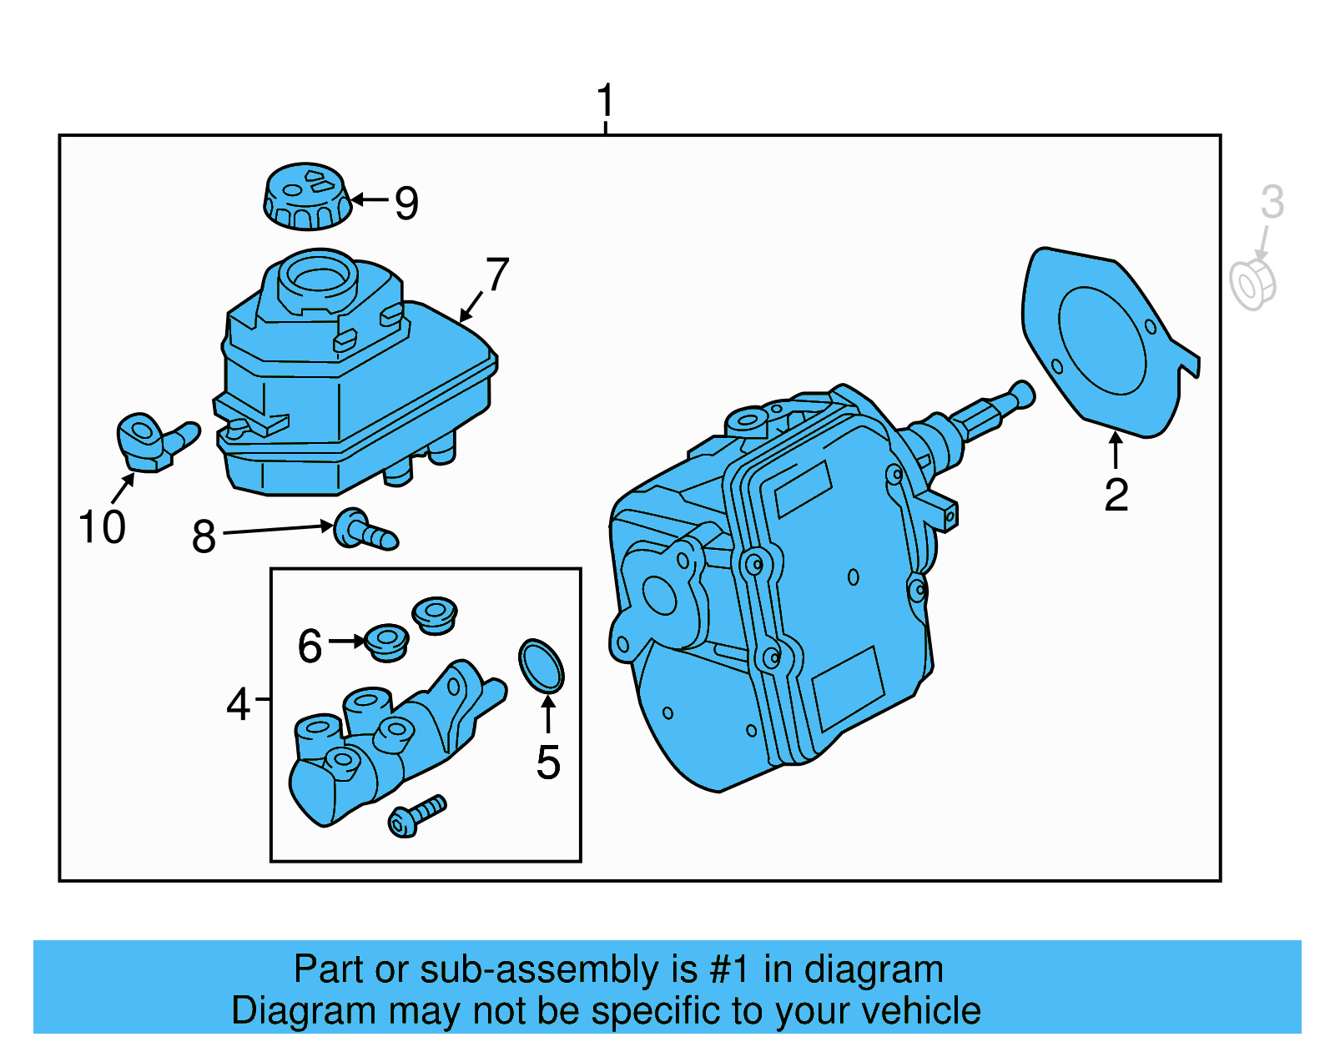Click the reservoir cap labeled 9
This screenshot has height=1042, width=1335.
(x=306, y=197)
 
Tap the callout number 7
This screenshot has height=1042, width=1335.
(x=497, y=274)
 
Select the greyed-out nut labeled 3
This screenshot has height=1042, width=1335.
(x=1252, y=284)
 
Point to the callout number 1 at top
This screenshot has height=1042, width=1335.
(x=606, y=101)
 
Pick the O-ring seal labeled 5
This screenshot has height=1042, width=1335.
(x=542, y=665)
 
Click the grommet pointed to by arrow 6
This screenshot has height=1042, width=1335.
(x=387, y=642)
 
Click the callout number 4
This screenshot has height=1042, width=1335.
(x=238, y=705)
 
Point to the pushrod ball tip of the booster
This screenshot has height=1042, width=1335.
(x=1023, y=394)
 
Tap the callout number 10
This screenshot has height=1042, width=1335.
(x=102, y=527)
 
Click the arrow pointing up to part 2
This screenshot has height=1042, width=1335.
(x=1115, y=450)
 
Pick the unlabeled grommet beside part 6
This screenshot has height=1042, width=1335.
(x=435, y=614)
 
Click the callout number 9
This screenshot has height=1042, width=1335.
(x=406, y=204)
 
